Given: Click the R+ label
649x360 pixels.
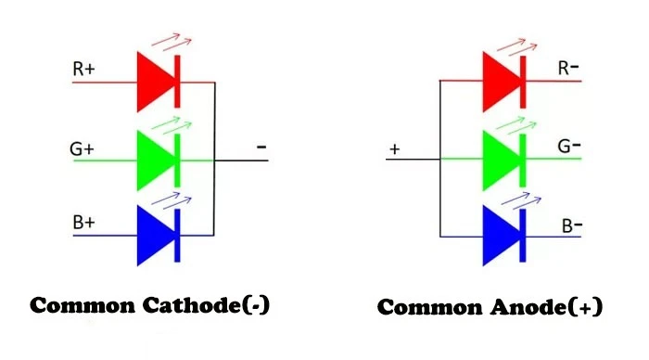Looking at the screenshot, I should [x=85, y=69].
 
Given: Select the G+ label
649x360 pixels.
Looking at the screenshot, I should [x=85, y=148].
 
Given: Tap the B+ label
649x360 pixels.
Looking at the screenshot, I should [x=85, y=224].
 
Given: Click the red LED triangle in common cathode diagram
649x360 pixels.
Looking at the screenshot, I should [x=156, y=82].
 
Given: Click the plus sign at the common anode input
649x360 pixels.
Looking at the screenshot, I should [x=394, y=148].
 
